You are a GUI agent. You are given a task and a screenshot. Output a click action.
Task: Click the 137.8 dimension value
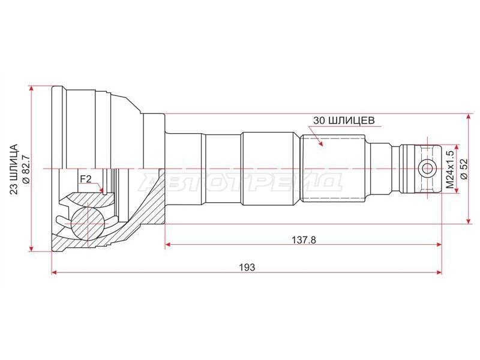click(x=304, y=239)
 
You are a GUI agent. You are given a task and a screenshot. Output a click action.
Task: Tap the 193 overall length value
click(x=247, y=267)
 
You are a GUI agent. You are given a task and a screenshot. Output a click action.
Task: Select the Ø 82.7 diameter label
click(x=26, y=169)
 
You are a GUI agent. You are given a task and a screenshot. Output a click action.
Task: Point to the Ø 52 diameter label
click(x=464, y=169)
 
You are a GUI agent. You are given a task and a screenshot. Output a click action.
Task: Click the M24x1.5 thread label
click(x=449, y=169)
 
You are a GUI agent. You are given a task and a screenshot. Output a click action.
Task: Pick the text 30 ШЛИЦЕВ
click(x=343, y=121)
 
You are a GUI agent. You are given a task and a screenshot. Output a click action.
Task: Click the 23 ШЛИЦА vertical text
click(x=14, y=169)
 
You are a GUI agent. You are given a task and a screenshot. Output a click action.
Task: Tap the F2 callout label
click(x=86, y=179)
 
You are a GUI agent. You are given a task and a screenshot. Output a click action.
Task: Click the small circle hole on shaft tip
click(x=427, y=169)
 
